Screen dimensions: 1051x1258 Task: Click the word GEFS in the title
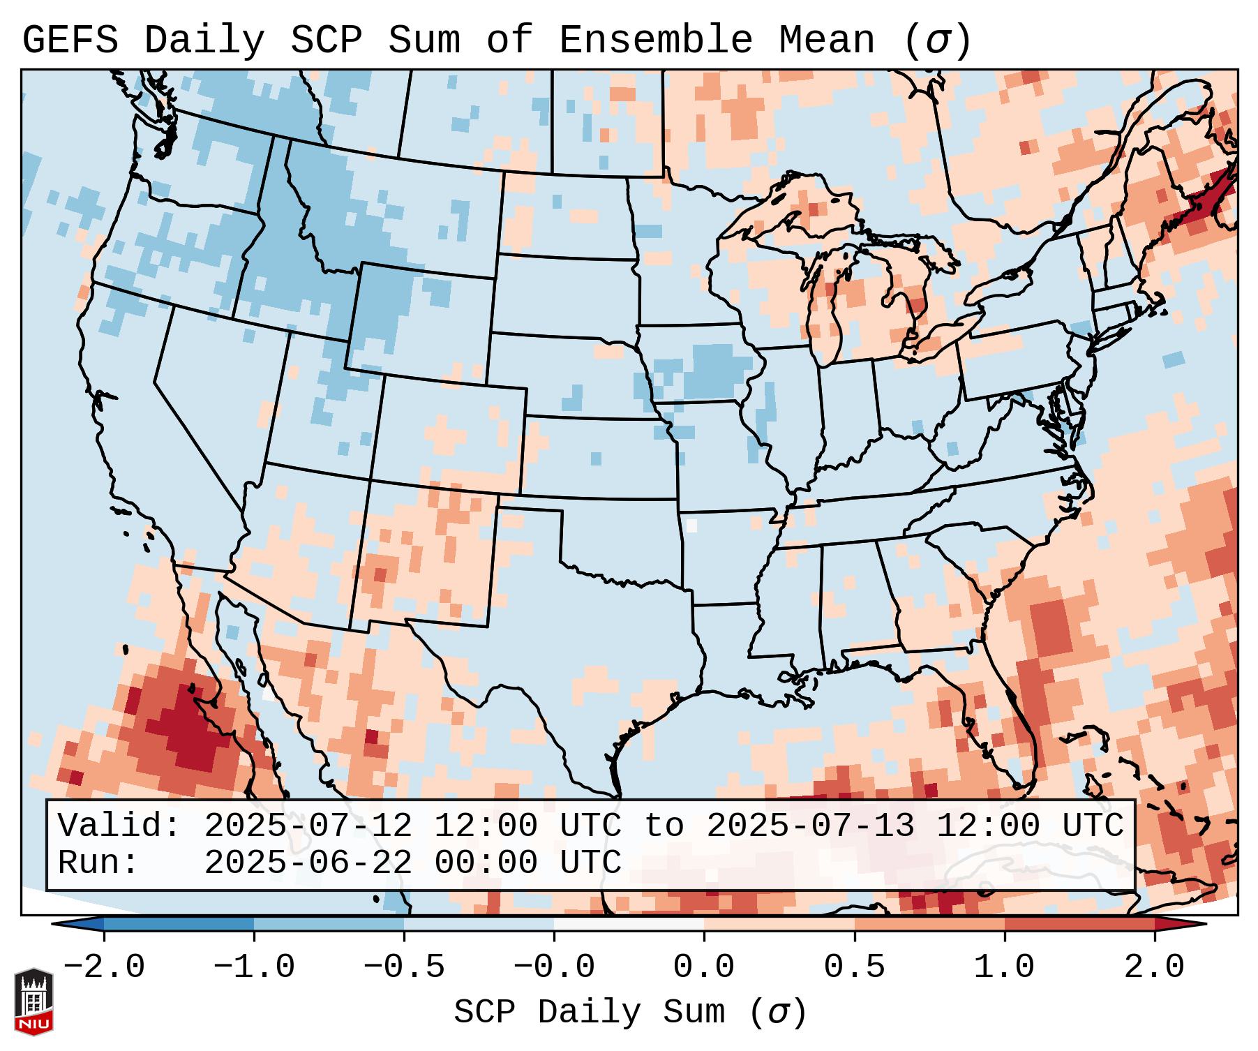70,40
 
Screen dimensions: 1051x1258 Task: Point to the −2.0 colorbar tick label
104,968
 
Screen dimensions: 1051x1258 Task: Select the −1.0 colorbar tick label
254,968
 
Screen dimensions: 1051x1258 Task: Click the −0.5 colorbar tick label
404,968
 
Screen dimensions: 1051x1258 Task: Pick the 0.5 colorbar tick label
855,968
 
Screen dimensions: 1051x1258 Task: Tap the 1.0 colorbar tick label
1005,968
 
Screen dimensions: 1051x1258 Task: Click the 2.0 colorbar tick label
1155,968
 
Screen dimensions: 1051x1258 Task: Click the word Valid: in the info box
119,826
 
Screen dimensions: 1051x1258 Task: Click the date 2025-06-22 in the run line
308,863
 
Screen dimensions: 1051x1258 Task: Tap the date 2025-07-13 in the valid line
810,826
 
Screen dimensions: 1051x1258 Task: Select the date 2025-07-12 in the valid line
308,826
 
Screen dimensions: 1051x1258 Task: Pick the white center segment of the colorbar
629,924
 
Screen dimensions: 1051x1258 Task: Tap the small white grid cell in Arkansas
691,525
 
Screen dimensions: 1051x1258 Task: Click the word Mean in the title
827,40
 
